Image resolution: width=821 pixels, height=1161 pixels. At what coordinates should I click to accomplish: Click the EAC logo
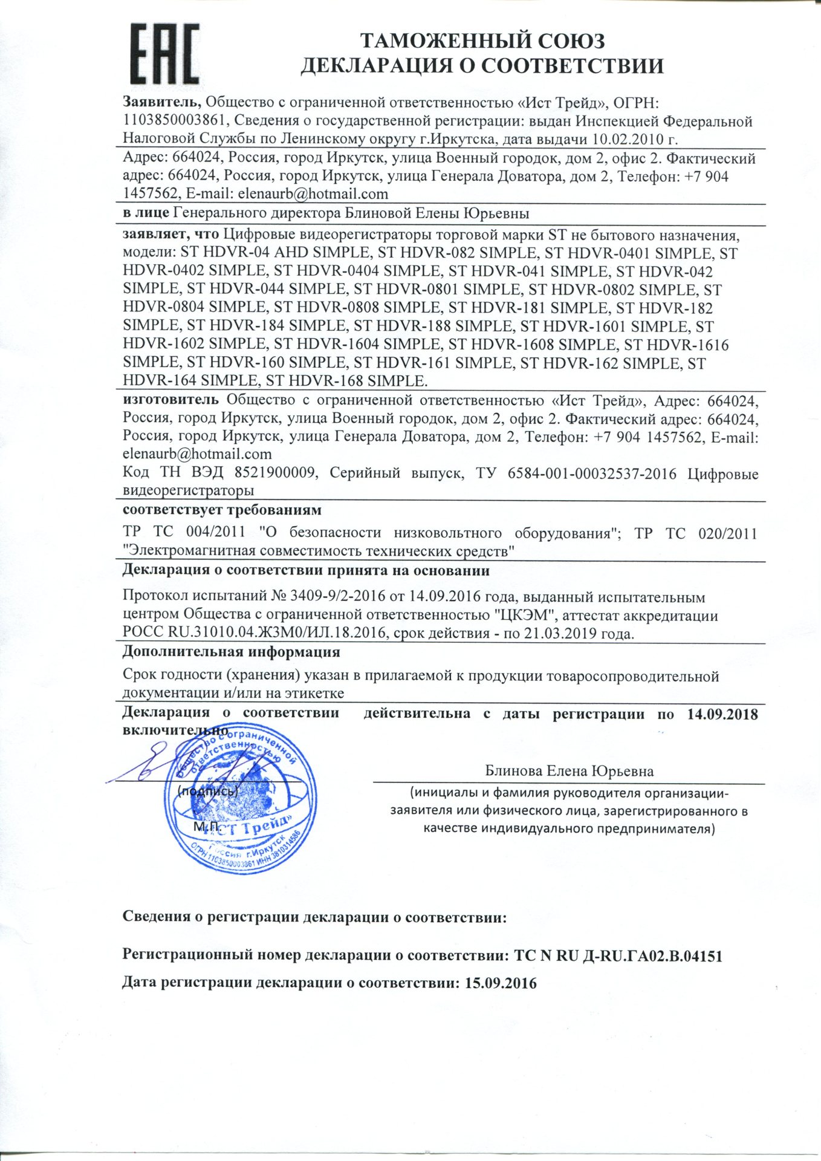(164, 54)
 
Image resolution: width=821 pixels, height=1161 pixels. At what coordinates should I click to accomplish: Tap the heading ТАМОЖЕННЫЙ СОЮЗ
(482, 41)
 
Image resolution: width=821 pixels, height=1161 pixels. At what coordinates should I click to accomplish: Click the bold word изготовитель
(170, 400)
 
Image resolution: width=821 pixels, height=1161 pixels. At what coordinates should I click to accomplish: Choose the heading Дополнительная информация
(231, 652)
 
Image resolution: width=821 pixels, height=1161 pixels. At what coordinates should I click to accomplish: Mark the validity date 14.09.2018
(722, 714)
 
